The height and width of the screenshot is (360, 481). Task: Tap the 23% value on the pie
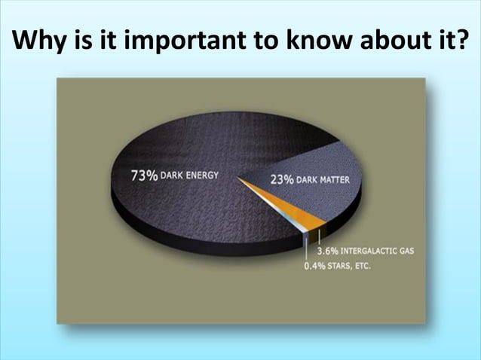click(283, 180)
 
